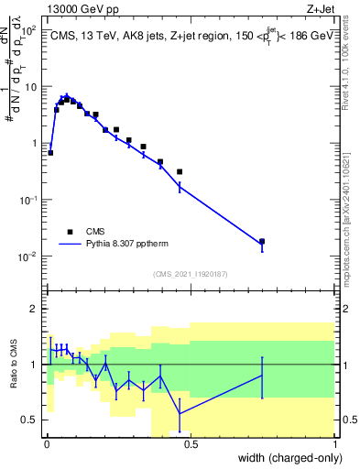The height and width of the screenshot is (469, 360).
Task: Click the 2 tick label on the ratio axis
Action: pos(32,309)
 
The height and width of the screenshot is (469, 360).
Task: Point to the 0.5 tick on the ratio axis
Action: pos(28,420)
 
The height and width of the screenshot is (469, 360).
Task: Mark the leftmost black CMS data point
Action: pos(50,152)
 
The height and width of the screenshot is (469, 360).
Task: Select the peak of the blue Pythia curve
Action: pos(66,95)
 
